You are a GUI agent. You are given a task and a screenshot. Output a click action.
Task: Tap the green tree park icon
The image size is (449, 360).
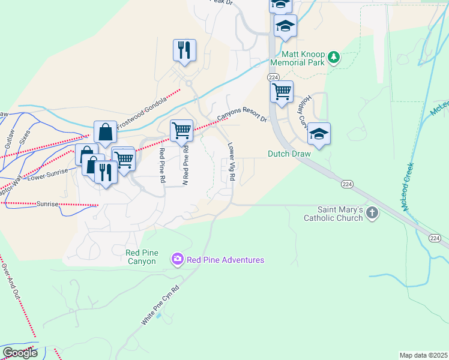[x=334, y=58]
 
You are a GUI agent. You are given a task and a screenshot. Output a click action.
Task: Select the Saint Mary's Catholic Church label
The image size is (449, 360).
[x=340, y=214]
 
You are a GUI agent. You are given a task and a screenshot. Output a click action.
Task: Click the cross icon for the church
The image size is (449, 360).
[x=372, y=212]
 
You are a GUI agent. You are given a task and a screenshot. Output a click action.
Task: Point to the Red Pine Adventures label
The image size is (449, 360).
[x=225, y=260]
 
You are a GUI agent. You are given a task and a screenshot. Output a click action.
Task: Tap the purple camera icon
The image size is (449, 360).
[x=178, y=259]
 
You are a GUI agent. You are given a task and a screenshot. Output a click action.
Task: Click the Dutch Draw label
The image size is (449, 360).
[x=289, y=154]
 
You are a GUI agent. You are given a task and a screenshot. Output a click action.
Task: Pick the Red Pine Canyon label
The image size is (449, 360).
[x=141, y=257]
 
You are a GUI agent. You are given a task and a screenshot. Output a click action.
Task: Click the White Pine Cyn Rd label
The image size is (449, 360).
[x=160, y=305]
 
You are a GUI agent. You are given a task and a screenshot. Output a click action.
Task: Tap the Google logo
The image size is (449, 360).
[x=20, y=353]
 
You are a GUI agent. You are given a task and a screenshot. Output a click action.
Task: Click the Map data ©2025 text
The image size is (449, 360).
[x=424, y=355]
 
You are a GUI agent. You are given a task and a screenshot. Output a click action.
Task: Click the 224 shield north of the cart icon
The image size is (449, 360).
[x=273, y=77]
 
